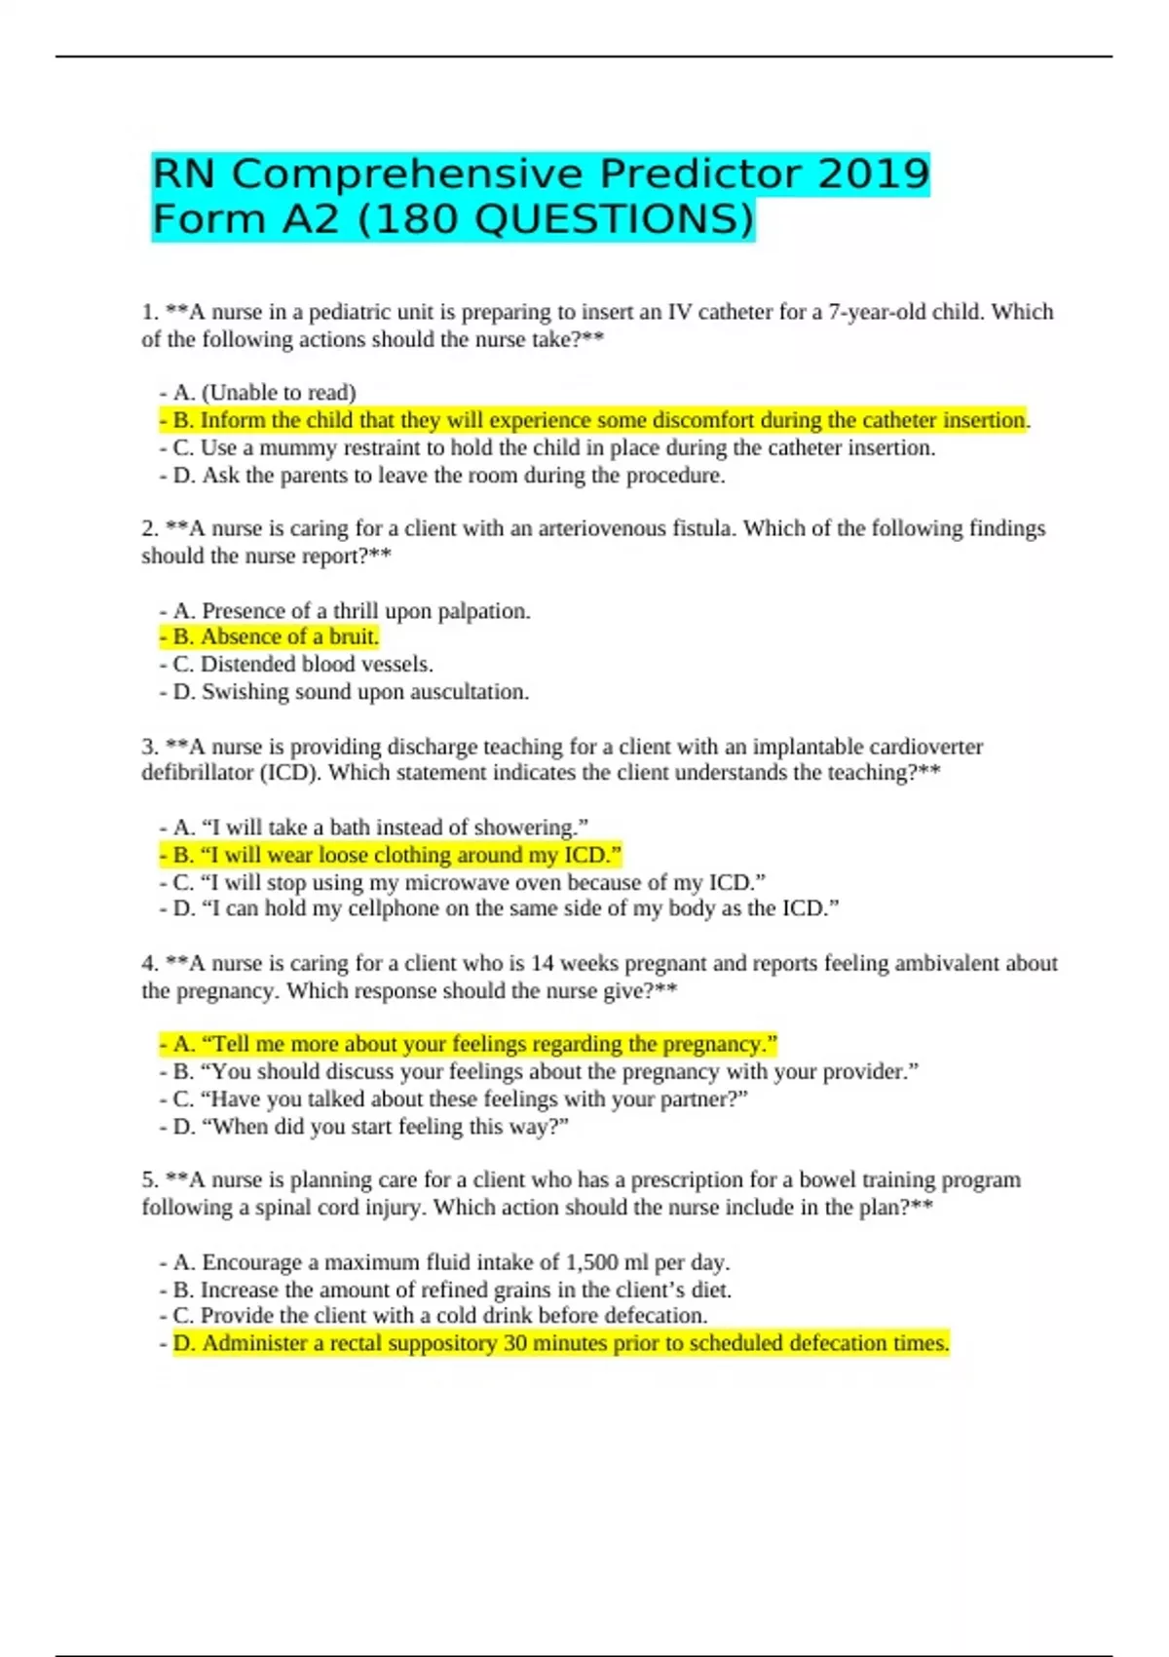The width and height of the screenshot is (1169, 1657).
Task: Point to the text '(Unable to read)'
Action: coord(279,393)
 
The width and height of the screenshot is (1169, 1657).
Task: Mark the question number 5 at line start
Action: coord(149,1180)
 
